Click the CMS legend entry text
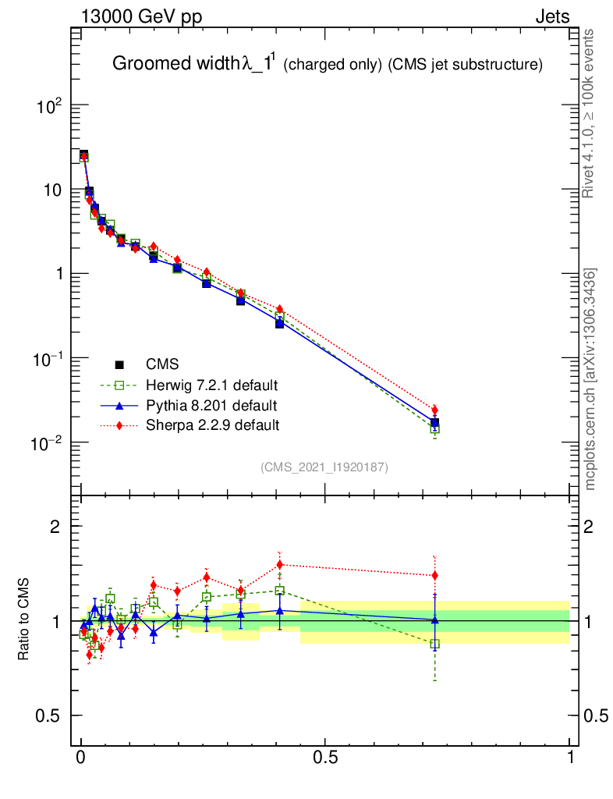(162, 364)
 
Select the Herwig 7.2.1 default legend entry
(212, 385)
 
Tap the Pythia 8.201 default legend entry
(211, 406)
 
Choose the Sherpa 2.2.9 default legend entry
(212, 425)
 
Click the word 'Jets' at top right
(551, 18)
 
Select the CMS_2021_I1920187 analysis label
(324, 467)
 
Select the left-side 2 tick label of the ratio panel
(55, 527)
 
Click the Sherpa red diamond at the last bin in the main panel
(434, 410)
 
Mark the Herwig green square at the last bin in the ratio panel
(434, 644)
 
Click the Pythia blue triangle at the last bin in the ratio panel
(434, 620)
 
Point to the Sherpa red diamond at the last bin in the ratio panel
(434, 576)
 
